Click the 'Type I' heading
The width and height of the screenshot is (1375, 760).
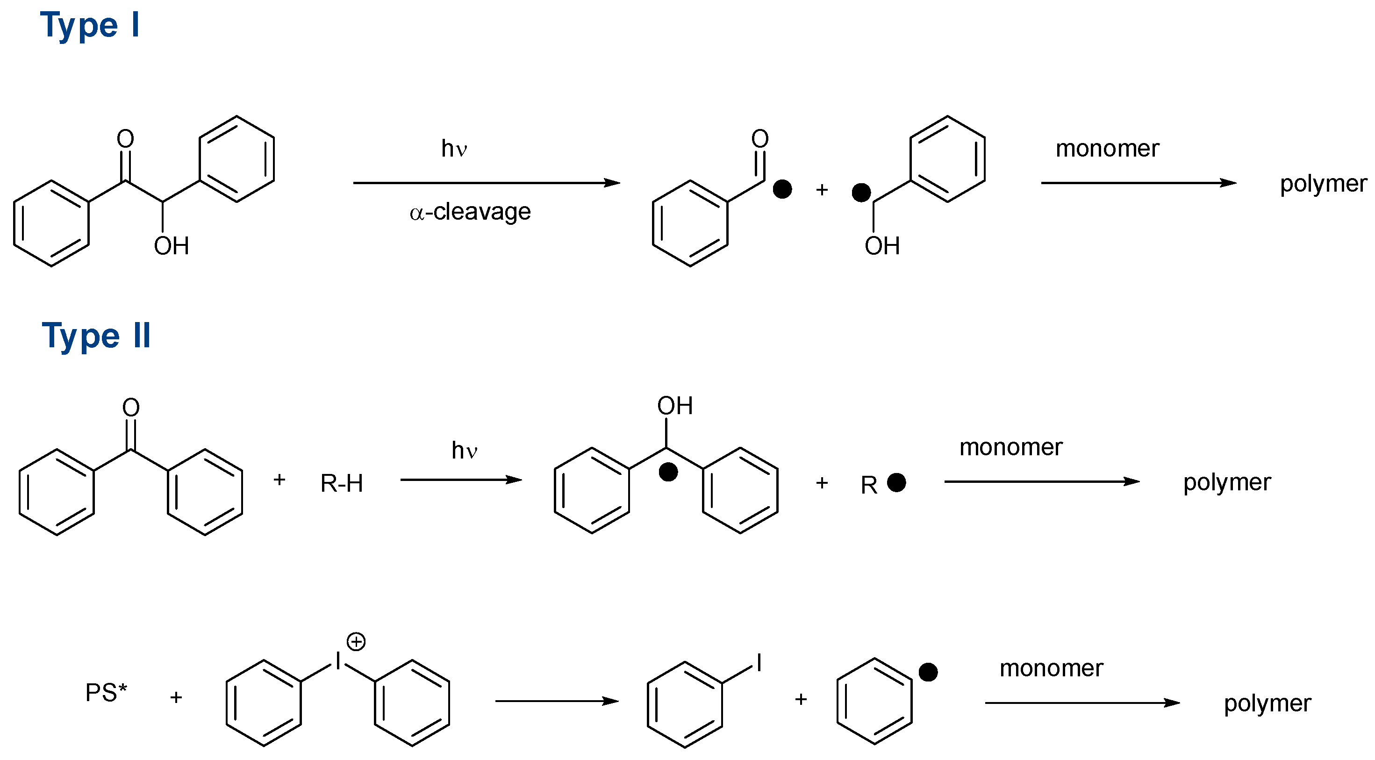coord(90,25)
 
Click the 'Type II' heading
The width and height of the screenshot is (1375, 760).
coord(97,336)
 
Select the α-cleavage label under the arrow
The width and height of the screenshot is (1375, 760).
coord(470,212)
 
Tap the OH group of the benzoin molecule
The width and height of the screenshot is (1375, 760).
coord(172,246)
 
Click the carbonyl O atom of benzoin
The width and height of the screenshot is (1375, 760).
coord(125,139)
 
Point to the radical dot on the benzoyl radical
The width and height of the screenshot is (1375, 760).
coord(782,189)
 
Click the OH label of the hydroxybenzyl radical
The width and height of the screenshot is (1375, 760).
coord(882,246)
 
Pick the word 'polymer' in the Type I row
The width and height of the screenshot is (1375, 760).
coord(1323,184)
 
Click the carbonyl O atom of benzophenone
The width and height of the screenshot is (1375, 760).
coord(131,407)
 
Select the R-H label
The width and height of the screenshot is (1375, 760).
coord(342,484)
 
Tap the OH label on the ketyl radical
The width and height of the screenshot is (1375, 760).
coord(675,406)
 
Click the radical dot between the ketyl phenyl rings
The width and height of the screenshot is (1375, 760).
coord(668,472)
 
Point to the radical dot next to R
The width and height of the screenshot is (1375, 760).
coord(896,482)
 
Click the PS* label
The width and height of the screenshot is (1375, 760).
coord(106,693)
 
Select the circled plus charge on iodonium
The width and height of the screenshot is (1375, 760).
coord(356,642)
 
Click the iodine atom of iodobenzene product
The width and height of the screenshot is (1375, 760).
coord(759,663)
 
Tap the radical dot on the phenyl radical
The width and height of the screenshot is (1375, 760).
coord(928,672)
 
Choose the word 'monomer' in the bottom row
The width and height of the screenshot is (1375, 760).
coord(1051,668)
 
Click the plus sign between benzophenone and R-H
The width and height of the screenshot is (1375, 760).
coord(279,480)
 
